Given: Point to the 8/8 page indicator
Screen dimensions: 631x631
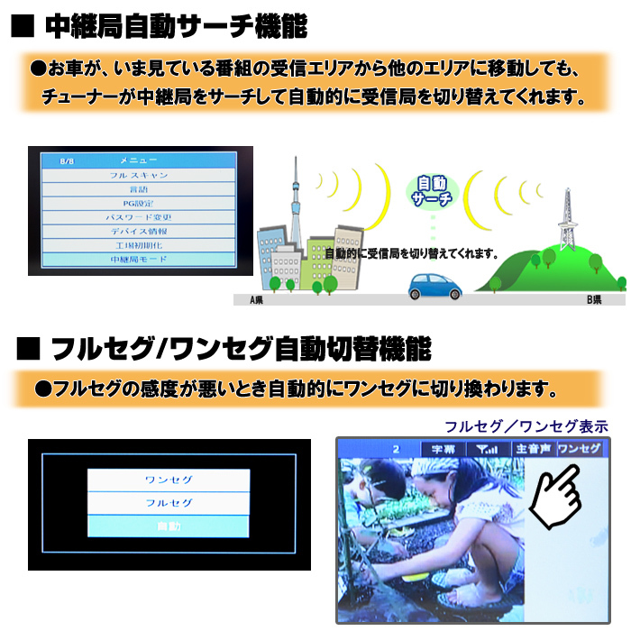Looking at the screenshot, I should (67, 161).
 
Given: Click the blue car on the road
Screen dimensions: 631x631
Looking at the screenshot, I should (434, 287).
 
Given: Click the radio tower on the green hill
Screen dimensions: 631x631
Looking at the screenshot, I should (568, 221).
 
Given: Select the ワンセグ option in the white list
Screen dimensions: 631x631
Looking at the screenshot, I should (168, 480).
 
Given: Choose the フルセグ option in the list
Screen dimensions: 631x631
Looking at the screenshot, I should (168, 503).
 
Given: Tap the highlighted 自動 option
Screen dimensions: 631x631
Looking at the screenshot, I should (168, 526).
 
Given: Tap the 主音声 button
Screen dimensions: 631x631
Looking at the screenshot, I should (532, 448).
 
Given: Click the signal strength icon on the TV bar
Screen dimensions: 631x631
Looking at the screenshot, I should (487, 448).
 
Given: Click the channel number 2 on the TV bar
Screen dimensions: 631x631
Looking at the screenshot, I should (396, 448).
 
